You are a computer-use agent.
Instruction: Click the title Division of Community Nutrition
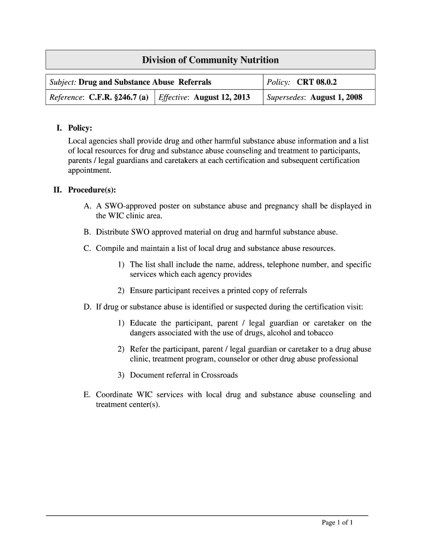click(x=210, y=60)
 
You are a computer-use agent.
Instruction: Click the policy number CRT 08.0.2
click(x=317, y=82)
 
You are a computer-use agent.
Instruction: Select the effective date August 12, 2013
click(x=222, y=97)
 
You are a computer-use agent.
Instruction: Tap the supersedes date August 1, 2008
click(x=336, y=97)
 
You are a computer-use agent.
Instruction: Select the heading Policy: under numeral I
click(x=80, y=128)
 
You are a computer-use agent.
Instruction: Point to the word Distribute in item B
click(x=113, y=232)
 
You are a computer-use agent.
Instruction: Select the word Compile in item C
click(x=110, y=248)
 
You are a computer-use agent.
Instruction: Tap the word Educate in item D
click(x=144, y=323)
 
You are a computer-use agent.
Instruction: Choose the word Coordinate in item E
click(x=115, y=394)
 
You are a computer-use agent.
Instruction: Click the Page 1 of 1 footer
click(x=337, y=523)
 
